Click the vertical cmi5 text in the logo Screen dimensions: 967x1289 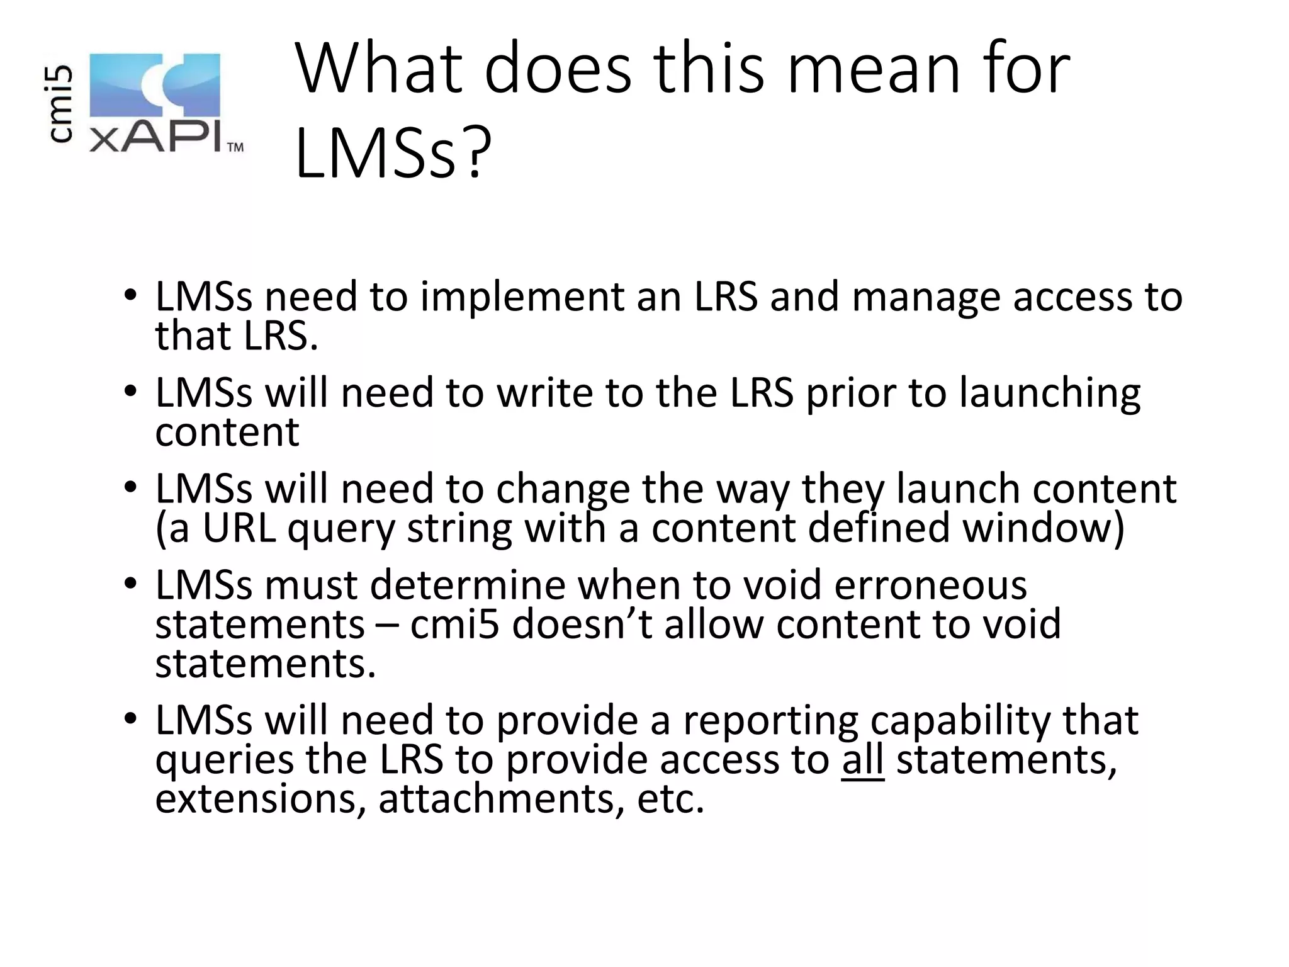[x=62, y=105]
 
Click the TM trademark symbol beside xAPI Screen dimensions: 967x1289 [x=235, y=148]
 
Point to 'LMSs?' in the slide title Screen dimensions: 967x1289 [x=393, y=154]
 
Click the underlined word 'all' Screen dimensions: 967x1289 [x=862, y=759]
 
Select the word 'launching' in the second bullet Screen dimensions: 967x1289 [x=1050, y=393]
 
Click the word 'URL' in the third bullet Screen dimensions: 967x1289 [x=239, y=528]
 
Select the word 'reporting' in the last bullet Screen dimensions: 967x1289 [x=771, y=720]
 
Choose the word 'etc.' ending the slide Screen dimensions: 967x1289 [x=670, y=798]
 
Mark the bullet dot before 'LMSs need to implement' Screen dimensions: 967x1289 [x=130, y=295]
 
